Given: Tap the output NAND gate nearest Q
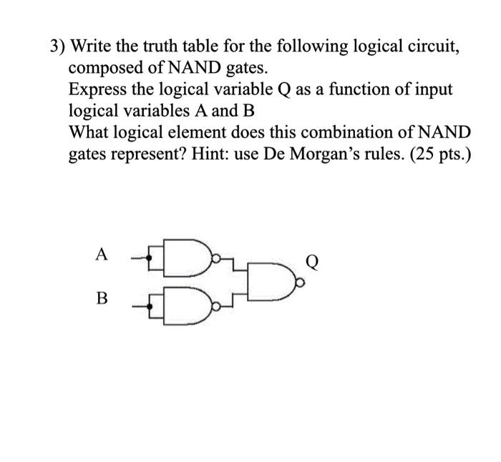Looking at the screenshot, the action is coord(268,282).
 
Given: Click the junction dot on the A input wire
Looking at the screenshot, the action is coord(150,253).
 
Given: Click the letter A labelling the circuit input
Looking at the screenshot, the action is coord(102,253).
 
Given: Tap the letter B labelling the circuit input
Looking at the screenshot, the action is coord(102,298).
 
